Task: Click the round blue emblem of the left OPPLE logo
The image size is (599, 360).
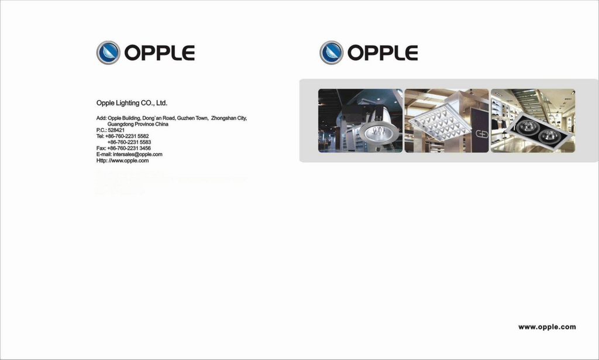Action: click(x=108, y=53)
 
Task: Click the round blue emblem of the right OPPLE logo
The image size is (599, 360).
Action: click(x=331, y=53)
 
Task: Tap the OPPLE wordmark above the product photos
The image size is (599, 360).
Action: click(x=383, y=53)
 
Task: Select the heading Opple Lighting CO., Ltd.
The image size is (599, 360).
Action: click(x=132, y=103)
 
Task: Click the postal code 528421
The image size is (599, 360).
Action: click(x=116, y=130)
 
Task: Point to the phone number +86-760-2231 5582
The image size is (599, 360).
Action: click(x=127, y=136)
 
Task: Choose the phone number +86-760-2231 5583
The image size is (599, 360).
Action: click(x=129, y=142)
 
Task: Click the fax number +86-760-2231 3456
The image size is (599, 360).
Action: click(x=129, y=148)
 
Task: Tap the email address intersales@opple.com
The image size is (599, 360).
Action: click(x=137, y=155)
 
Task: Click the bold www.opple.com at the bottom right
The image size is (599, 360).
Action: click(x=547, y=327)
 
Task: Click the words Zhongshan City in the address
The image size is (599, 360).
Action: click(x=229, y=118)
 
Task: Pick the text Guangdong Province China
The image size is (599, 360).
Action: click(x=138, y=124)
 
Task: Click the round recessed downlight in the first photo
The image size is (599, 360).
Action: click(x=377, y=133)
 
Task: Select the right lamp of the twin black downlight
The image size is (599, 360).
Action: click(x=549, y=135)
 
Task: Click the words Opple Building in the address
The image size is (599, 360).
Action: click(x=124, y=118)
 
